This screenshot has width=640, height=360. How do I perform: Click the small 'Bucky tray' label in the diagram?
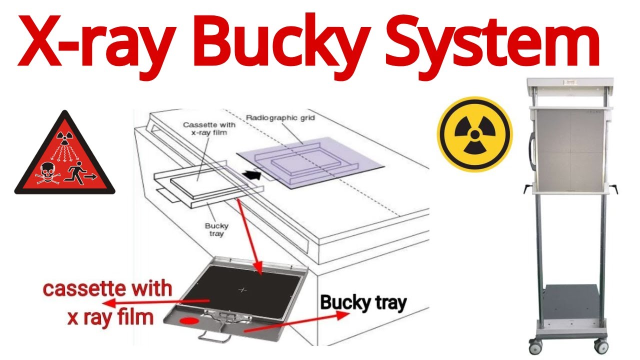(x=216, y=229)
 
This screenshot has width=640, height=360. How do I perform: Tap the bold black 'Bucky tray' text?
(x=363, y=303)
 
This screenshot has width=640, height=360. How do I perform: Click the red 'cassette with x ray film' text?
(x=107, y=303)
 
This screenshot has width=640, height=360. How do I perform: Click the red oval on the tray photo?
(x=189, y=320)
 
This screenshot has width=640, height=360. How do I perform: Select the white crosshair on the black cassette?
(x=243, y=289)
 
